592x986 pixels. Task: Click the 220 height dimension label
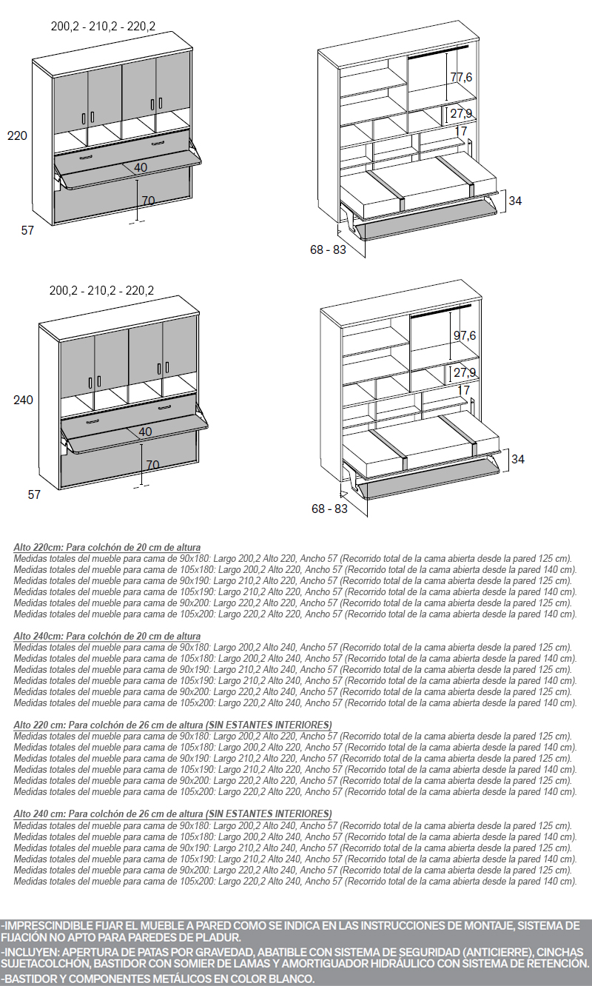pyautogui.click(x=17, y=135)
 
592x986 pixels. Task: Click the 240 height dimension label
pyautogui.click(x=24, y=400)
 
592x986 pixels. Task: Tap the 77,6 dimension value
pyautogui.click(x=461, y=77)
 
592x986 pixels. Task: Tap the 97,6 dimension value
pyautogui.click(x=464, y=335)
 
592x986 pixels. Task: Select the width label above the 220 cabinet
pyautogui.click(x=103, y=27)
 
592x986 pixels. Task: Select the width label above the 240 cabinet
pyautogui.click(x=101, y=291)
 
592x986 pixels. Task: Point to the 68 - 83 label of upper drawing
pyautogui.click(x=328, y=249)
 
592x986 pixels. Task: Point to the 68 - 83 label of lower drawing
pyautogui.click(x=329, y=509)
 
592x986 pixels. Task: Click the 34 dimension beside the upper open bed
pyautogui.click(x=516, y=201)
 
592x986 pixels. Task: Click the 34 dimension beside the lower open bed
pyautogui.click(x=518, y=459)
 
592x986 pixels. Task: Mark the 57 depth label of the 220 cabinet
pyautogui.click(x=27, y=230)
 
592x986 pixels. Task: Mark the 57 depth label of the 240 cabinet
pyautogui.click(x=34, y=494)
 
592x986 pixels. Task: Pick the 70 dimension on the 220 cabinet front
pyautogui.click(x=148, y=201)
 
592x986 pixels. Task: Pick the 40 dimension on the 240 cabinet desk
pyautogui.click(x=145, y=432)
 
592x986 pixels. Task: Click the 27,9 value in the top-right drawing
pyautogui.click(x=461, y=113)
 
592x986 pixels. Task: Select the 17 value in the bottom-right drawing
pyautogui.click(x=464, y=389)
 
